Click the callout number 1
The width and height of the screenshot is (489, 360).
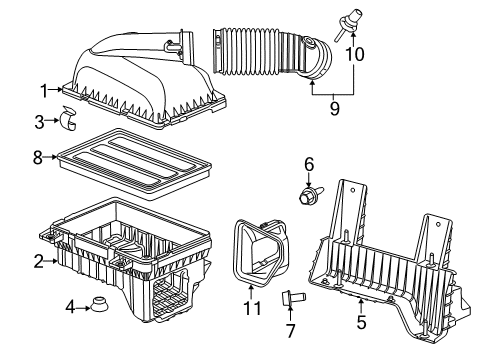(x=44, y=90)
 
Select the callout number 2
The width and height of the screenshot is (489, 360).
(x=38, y=261)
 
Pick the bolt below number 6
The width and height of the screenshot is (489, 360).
(x=309, y=196)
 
